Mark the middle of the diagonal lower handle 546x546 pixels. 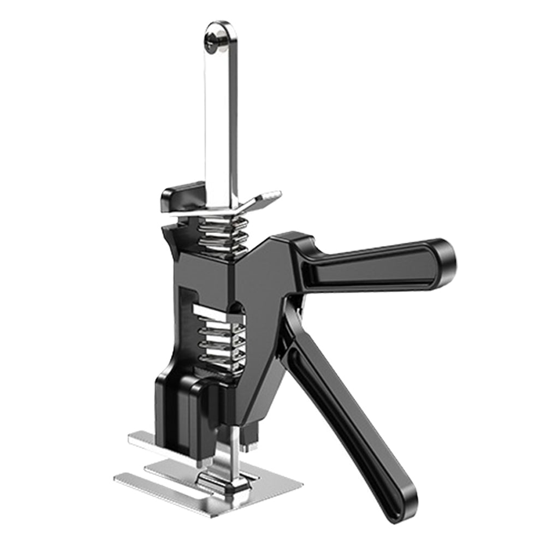(x=349, y=415)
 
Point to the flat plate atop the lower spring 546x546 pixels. (x=213, y=312)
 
